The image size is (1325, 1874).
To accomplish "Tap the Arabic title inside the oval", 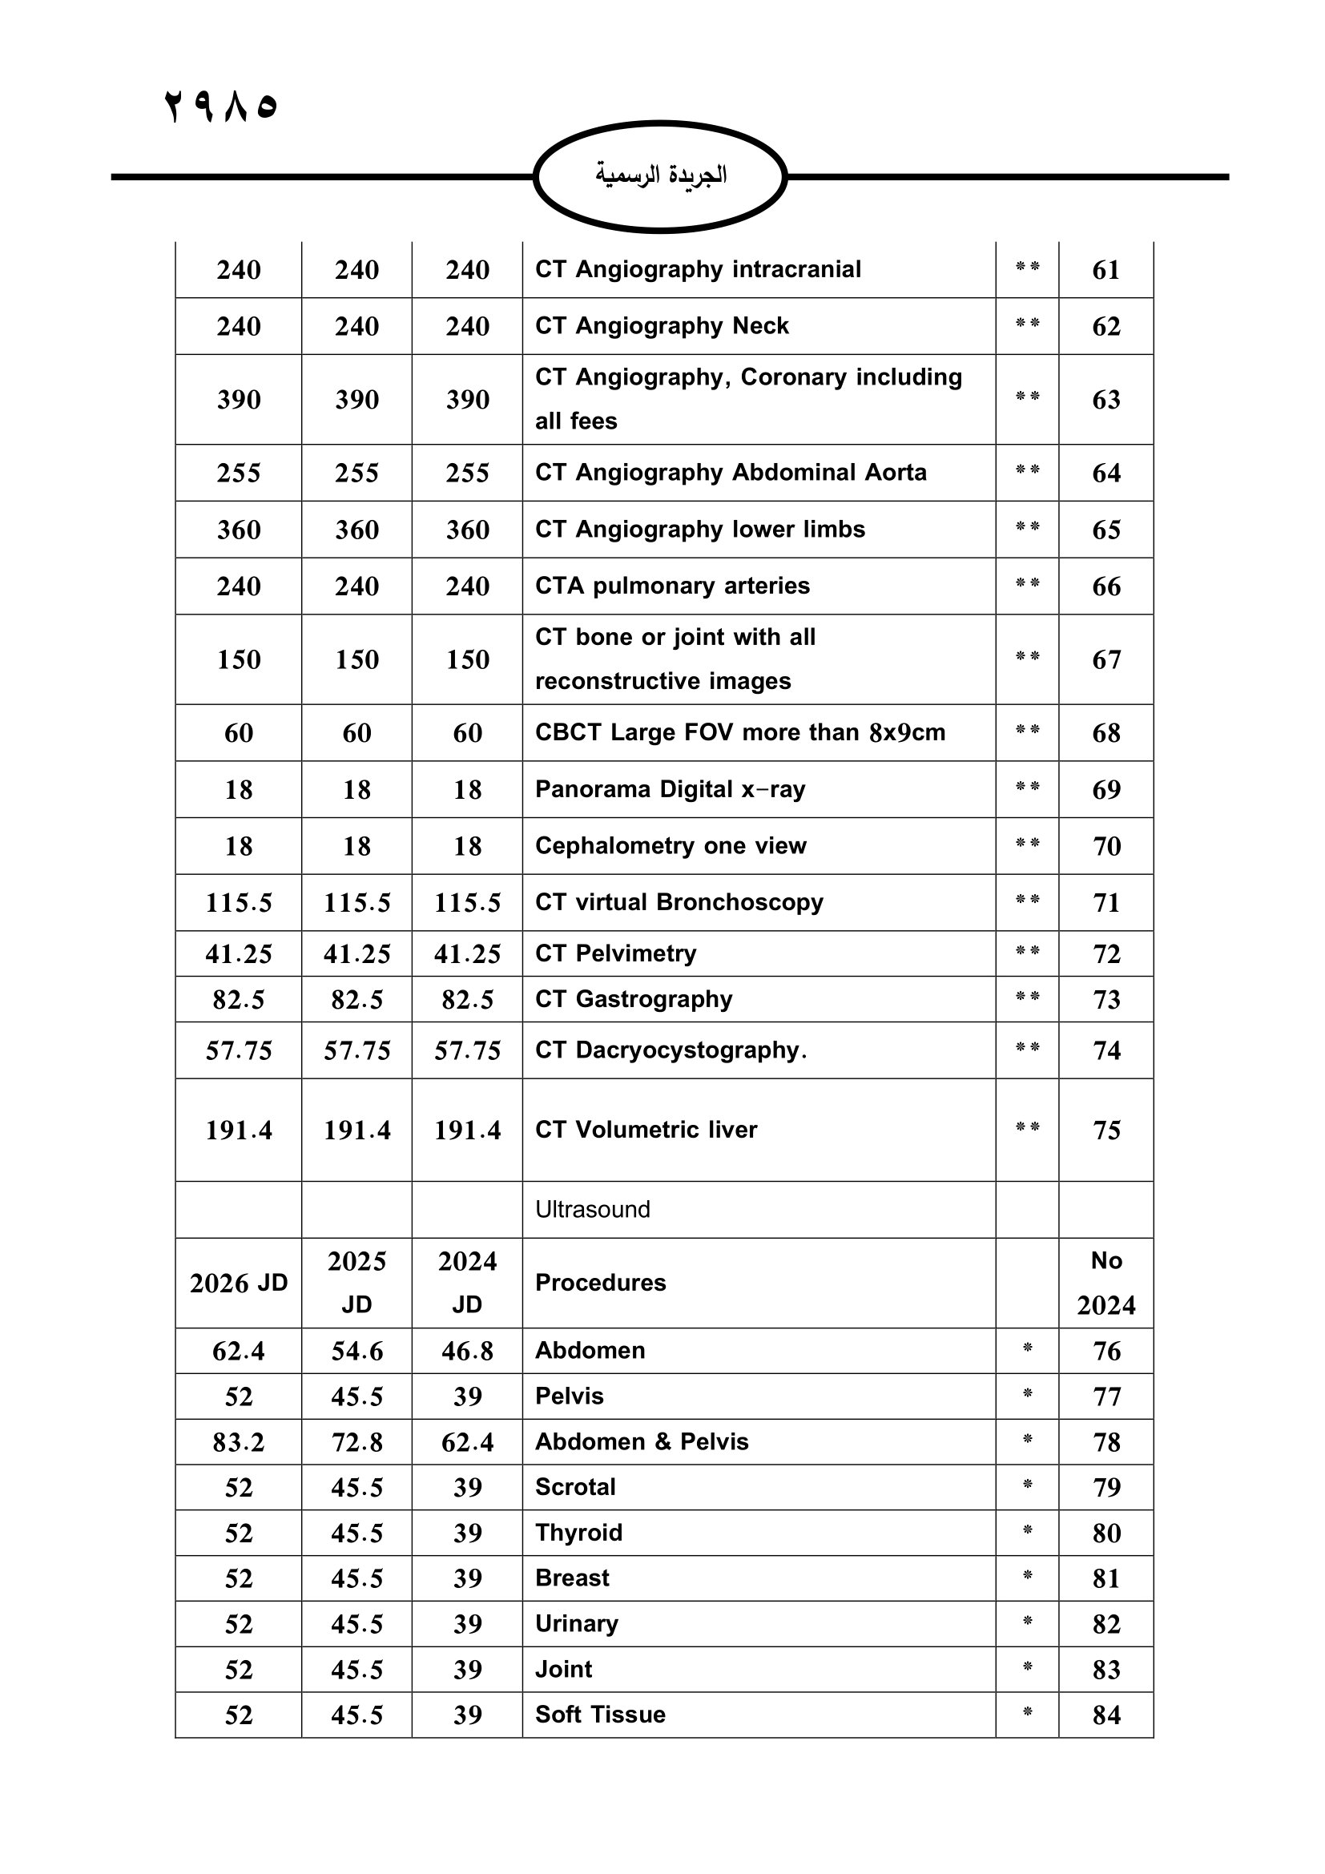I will pyautogui.click(x=660, y=175).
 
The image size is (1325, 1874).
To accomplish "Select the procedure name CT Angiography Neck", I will pyautogui.click(x=662, y=325).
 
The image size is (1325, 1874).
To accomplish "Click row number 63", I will pyautogui.click(x=1106, y=400).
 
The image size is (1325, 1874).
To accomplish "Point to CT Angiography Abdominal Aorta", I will pyautogui.click(x=731, y=473).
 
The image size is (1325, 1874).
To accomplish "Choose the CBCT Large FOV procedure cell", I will pyautogui.click(x=740, y=732).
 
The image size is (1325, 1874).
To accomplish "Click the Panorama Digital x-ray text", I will pyautogui.click(x=670, y=789).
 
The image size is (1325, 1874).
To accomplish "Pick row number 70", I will pyautogui.click(x=1106, y=846).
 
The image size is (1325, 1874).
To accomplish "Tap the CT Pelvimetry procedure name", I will pyautogui.click(x=615, y=953).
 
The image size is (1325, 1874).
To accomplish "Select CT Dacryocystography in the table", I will pyautogui.click(x=671, y=1050).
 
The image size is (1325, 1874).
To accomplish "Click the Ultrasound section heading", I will pyautogui.click(x=592, y=1210).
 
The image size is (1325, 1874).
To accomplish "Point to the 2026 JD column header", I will pyautogui.click(x=238, y=1283).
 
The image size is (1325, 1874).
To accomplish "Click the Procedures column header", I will pyautogui.click(x=601, y=1282).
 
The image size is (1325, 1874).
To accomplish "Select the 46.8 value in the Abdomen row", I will pyautogui.click(x=467, y=1351).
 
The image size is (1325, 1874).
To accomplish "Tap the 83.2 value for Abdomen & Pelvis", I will pyautogui.click(x=238, y=1442).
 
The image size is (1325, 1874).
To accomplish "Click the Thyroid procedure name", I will pyautogui.click(x=578, y=1533).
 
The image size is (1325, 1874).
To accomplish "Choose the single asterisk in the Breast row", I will pyautogui.click(x=1027, y=1577).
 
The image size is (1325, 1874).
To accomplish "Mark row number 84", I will pyautogui.click(x=1106, y=1715).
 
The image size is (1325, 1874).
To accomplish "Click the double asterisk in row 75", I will pyautogui.click(x=1027, y=1128).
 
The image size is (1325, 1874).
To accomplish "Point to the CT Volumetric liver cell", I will pyautogui.click(x=646, y=1130).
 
